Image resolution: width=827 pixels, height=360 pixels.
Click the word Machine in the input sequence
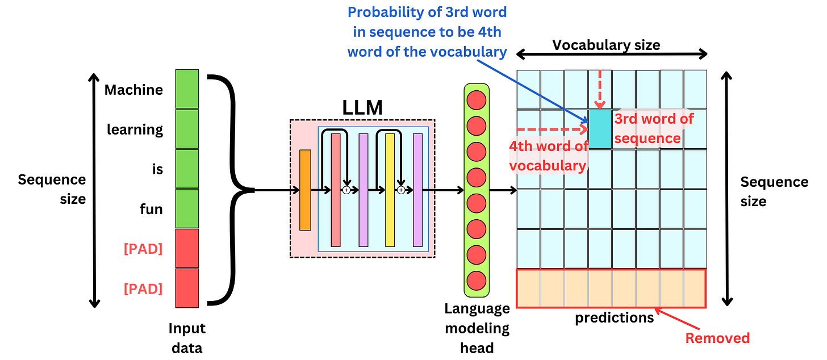133,90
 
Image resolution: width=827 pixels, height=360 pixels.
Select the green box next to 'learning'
187,129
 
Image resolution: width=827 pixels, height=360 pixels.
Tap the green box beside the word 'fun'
187,208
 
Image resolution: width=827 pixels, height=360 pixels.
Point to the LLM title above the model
362,107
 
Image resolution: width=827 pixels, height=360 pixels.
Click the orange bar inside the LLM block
305,190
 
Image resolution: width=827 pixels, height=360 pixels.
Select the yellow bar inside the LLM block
390,190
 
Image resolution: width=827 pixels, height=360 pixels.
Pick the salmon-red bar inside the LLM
336,190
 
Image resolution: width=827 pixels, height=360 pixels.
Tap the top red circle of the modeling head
475,98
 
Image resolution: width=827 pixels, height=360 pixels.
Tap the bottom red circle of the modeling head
475,281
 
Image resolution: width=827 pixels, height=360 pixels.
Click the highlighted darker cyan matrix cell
600,129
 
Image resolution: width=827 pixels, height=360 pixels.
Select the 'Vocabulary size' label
606,45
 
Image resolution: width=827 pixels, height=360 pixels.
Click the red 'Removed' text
717,338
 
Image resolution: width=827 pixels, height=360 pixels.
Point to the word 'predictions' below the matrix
614,317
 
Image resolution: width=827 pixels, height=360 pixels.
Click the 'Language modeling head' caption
477,328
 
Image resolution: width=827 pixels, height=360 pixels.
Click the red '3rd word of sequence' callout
653,128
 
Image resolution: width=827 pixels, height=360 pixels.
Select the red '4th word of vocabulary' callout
548,156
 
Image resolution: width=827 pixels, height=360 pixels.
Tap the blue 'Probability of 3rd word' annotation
427,32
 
